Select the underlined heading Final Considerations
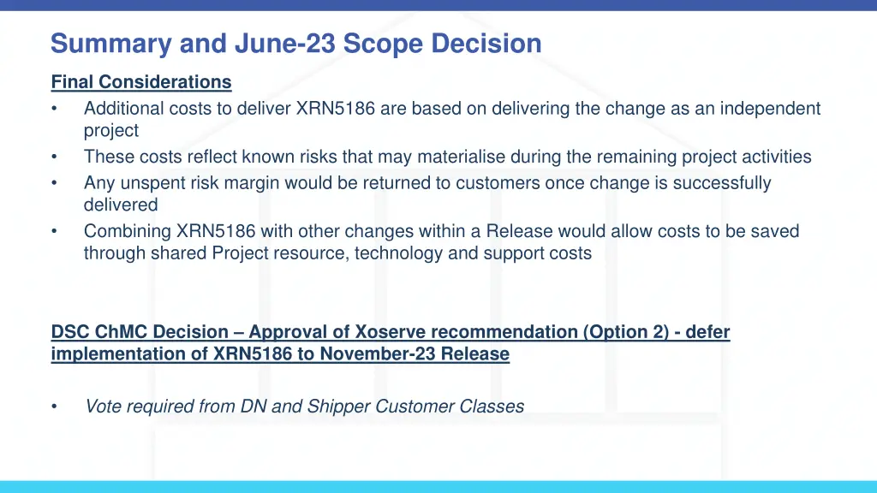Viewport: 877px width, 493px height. (x=141, y=82)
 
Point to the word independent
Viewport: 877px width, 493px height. (x=770, y=109)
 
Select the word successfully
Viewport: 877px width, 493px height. (x=725, y=183)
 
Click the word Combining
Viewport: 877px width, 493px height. (x=127, y=231)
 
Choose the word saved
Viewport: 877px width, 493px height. (x=776, y=231)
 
